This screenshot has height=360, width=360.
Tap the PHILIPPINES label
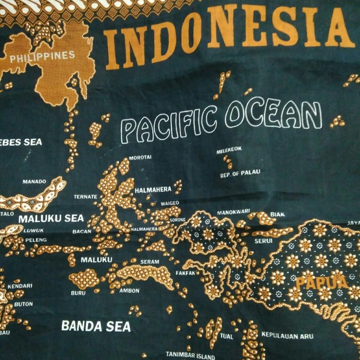click(42, 56)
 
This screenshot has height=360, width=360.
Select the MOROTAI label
click(140, 157)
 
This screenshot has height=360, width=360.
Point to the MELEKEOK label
click(229, 150)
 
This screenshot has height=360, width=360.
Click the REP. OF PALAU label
click(240, 175)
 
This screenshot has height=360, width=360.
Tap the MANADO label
click(34, 182)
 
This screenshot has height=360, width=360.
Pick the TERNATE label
click(85, 196)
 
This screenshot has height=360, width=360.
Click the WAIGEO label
click(170, 203)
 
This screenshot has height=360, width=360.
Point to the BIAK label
click(277, 214)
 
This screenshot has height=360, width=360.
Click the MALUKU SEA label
click(51, 218)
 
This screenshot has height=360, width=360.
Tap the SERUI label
click(263, 240)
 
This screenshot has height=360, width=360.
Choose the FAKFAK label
click(185, 273)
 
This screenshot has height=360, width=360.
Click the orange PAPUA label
click(314, 282)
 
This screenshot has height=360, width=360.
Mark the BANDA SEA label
click(96, 326)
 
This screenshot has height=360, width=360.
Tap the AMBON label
click(129, 290)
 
